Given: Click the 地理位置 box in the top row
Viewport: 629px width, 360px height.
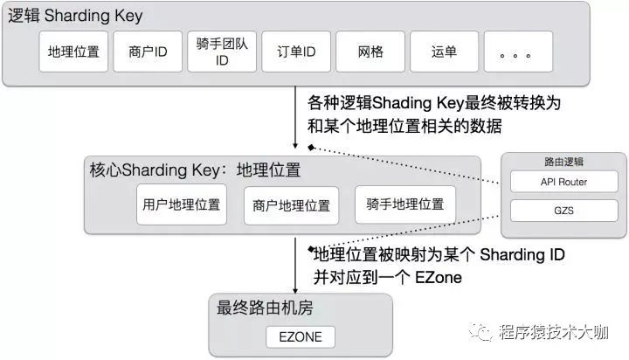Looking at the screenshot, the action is [x=73, y=52].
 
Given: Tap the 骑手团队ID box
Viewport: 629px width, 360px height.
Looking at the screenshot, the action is [x=223, y=52].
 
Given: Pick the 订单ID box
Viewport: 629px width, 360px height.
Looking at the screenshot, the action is [x=296, y=52].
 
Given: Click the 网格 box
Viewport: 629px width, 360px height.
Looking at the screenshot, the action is [x=370, y=52].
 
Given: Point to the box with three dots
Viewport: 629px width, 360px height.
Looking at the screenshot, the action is [x=517, y=52].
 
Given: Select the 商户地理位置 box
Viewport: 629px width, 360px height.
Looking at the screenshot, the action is [x=290, y=206].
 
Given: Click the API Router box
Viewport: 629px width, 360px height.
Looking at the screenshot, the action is [x=563, y=182].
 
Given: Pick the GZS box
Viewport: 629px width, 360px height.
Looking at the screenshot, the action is [x=563, y=211].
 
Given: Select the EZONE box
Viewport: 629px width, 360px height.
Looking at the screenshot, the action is [x=300, y=336].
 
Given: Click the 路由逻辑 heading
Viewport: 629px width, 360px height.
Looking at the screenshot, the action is [x=563, y=162].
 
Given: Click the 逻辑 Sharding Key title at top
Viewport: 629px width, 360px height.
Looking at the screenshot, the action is [x=75, y=16].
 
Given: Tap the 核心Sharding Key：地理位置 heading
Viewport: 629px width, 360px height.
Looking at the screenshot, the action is [x=194, y=169].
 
